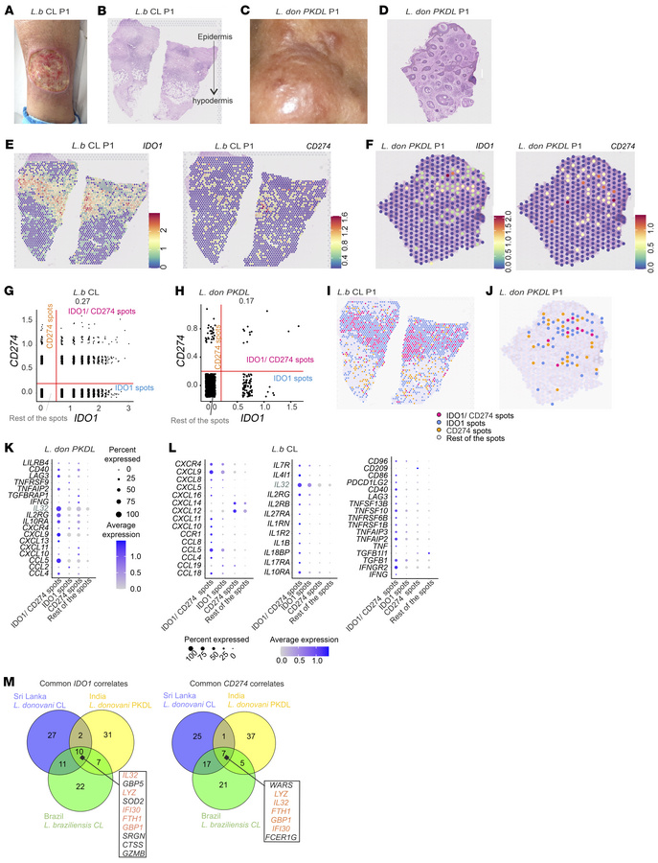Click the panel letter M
[8, 649]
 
